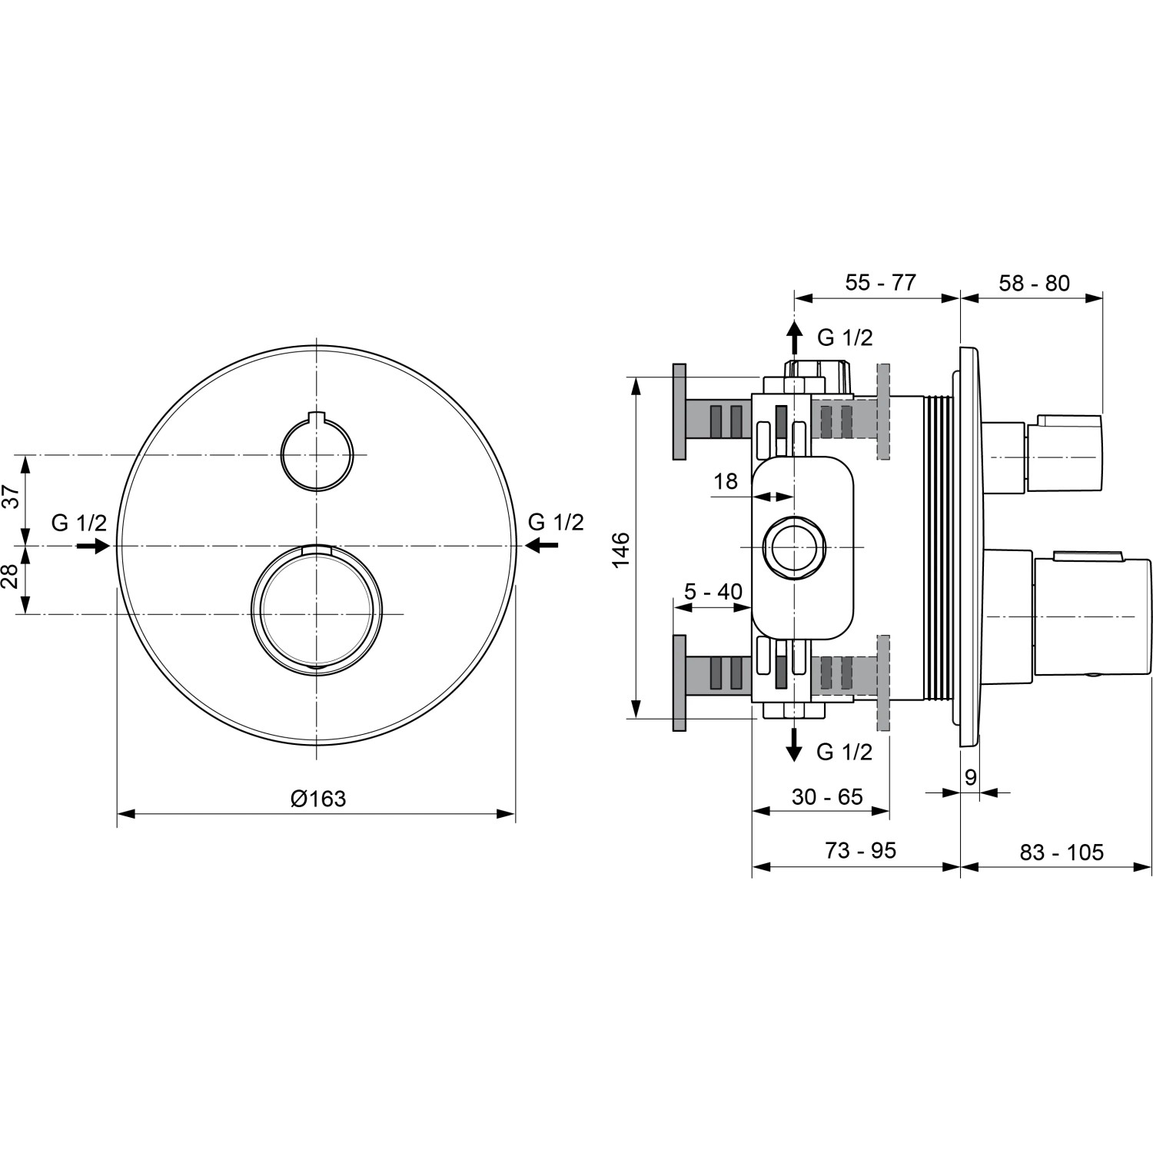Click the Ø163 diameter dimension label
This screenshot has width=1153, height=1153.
(317, 799)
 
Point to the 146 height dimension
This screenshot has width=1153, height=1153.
(621, 548)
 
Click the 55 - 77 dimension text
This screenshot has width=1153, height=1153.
(880, 282)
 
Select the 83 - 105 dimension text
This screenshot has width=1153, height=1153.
(1061, 852)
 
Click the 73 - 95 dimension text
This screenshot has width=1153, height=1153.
(860, 850)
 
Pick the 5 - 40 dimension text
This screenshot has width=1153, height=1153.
(713, 591)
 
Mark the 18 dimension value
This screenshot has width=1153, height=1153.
(725, 481)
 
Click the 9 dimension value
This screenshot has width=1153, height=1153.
(970, 777)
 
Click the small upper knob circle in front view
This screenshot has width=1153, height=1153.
(317, 454)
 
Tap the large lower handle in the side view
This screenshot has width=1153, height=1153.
(1092, 616)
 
